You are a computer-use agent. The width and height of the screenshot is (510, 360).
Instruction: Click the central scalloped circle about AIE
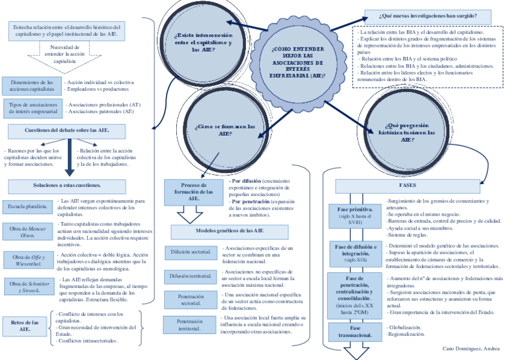[x=297, y=62]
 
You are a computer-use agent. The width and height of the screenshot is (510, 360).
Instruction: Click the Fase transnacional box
[x=355, y=331]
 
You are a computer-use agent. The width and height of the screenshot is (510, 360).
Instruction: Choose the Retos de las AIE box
[x=25, y=326]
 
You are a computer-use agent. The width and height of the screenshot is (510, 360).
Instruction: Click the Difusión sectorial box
[x=189, y=253]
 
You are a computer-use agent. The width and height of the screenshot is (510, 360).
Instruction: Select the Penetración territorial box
[x=189, y=325]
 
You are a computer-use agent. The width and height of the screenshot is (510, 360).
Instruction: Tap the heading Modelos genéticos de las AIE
[x=230, y=231]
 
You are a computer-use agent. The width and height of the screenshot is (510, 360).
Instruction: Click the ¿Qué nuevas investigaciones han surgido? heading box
[x=428, y=16]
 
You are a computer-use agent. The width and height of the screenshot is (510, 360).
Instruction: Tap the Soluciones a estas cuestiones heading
[x=67, y=185]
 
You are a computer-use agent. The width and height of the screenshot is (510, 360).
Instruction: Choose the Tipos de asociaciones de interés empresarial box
[x=31, y=108]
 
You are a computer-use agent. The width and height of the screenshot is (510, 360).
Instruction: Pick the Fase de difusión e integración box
[x=355, y=253]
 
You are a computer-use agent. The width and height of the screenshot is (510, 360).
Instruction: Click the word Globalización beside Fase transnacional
[x=404, y=328]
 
